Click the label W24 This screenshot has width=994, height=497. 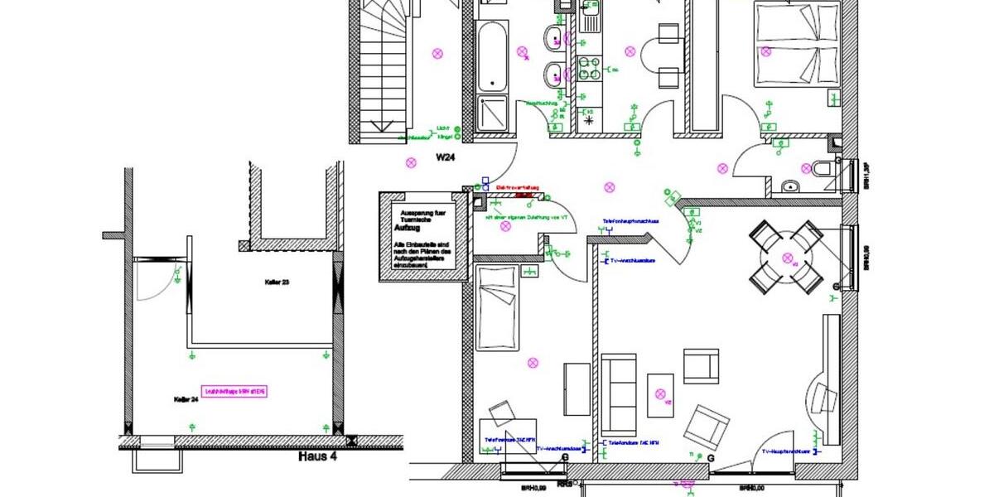pos(448,156)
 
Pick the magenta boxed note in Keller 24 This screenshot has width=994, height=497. pos(239,391)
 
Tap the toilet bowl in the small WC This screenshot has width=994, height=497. pos(821,169)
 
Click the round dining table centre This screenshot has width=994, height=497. pos(786,258)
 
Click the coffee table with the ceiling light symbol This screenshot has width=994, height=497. pos(661,396)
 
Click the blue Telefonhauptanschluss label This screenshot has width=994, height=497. pos(630,222)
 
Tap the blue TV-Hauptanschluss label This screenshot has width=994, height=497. pos(785,451)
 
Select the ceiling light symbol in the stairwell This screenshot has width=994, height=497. pos(437,53)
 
